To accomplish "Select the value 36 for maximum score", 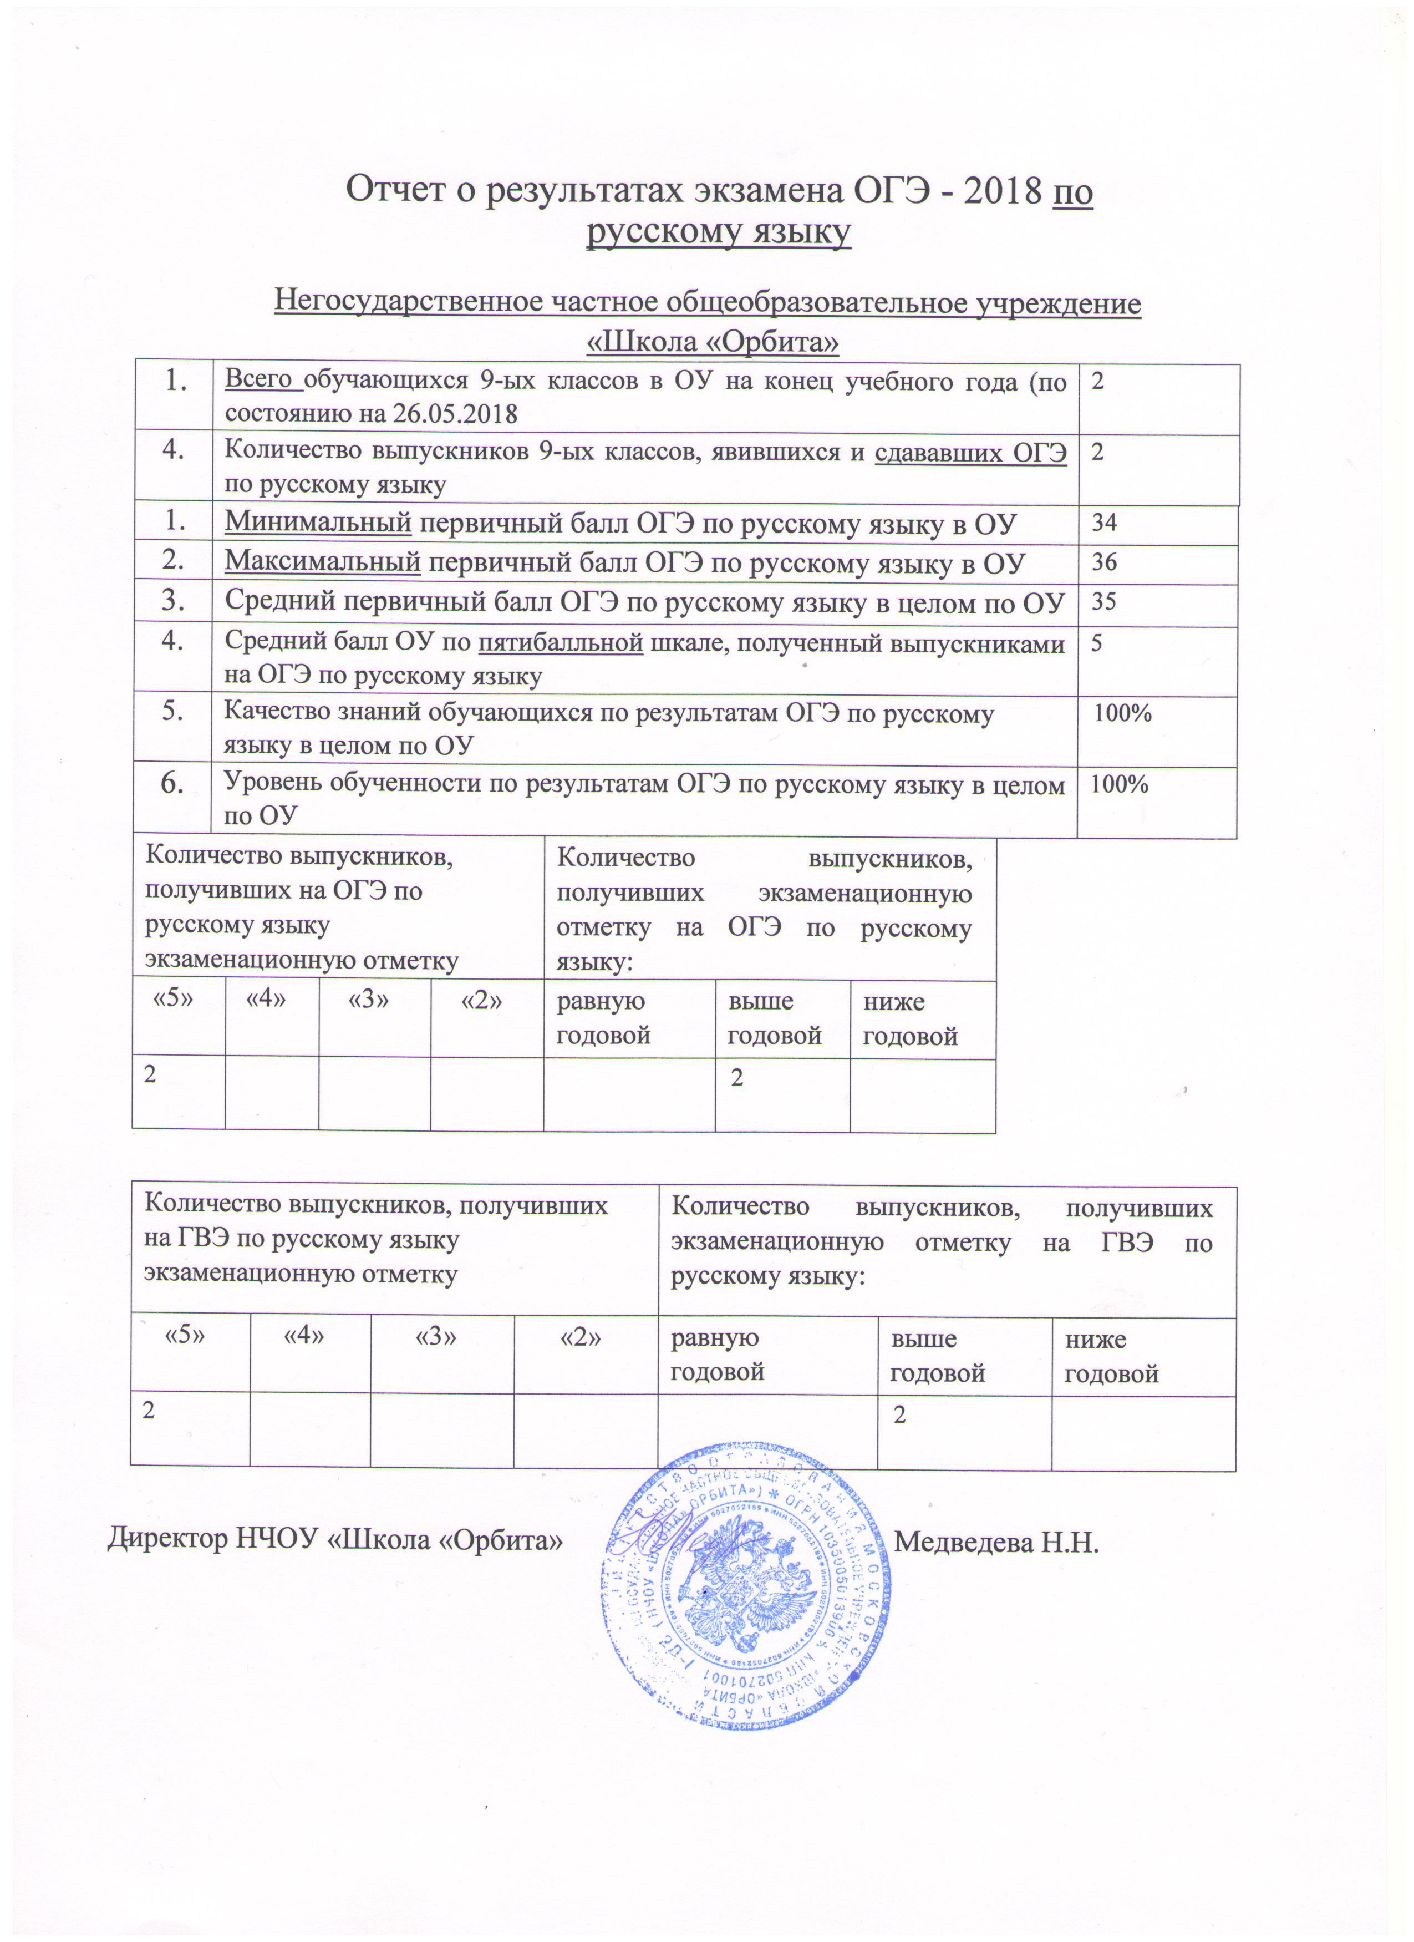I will (x=1103, y=562).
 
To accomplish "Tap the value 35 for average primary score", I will (x=1103, y=602).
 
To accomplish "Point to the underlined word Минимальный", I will (x=318, y=523).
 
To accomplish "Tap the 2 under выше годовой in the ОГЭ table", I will (x=736, y=1077).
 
